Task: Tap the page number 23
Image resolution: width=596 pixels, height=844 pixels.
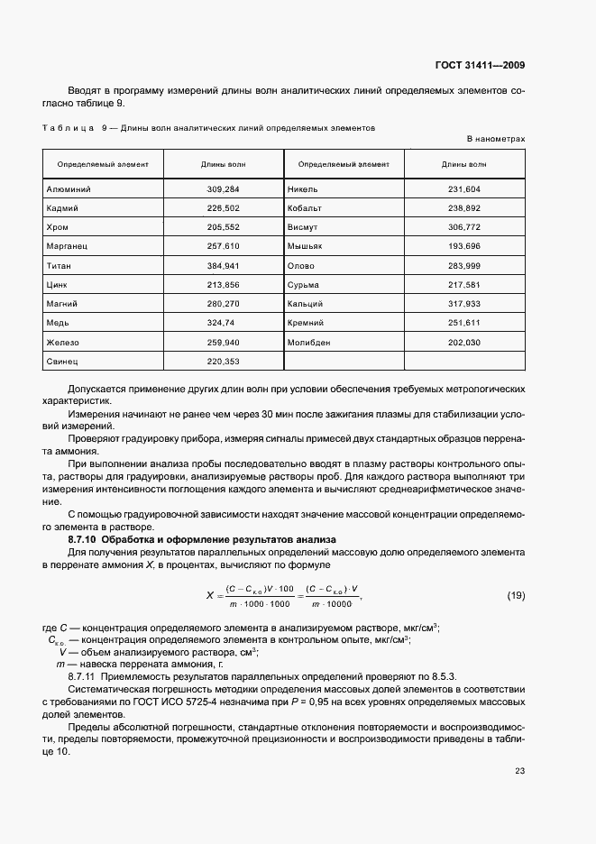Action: [x=519, y=770]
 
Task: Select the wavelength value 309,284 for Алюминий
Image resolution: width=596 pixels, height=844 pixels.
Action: [x=224, y=190]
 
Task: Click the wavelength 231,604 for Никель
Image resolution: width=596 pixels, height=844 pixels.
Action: [x=463, y=190]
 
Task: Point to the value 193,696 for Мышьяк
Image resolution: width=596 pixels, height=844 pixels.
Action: [x=463, y=246]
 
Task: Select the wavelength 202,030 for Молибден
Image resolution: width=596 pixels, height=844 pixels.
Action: [x=463, y=343]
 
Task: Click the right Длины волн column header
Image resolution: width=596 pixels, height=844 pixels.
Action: [x=463, y=165]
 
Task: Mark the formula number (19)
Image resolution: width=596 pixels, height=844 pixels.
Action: [x=516, y=595]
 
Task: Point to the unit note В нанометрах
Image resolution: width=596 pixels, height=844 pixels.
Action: [x=495, y=139]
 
